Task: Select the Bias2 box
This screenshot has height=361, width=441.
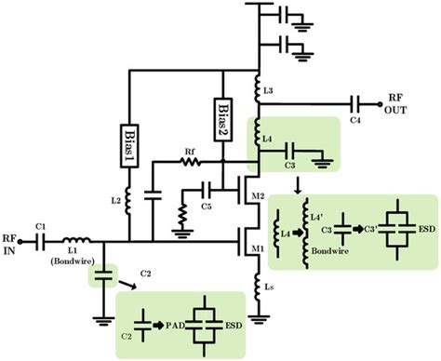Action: click(222, 115)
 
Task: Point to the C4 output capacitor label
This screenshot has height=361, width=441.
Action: click(357, 120)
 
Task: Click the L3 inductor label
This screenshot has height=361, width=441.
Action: click(269, 90)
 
